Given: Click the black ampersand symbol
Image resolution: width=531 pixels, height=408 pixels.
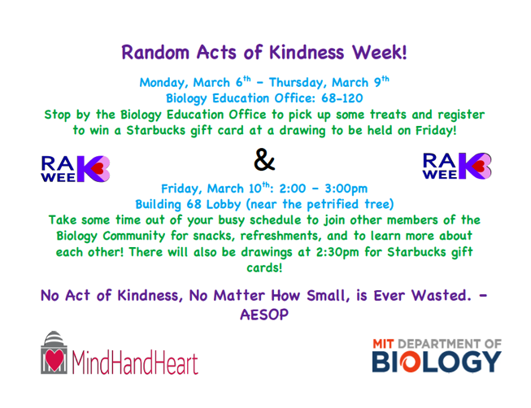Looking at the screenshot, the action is [x=264, y=160].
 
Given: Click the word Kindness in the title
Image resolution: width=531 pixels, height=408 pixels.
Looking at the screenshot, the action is [x=307, y=53].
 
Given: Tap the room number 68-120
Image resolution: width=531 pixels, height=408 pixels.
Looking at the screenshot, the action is [x=342, y=98].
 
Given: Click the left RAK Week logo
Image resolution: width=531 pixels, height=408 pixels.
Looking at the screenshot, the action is [x=75, y=168].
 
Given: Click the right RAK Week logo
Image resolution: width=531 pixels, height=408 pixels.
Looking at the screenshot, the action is [x=457, y=166].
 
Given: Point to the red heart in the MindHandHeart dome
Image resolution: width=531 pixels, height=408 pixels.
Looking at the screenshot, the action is [x=54, y=359].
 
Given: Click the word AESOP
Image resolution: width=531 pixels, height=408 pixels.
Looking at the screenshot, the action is [x=264, y=315].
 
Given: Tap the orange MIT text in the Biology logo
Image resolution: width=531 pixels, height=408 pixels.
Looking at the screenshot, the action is [x=383, y=344].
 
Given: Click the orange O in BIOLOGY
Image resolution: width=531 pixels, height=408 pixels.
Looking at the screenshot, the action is [x=410, y=362].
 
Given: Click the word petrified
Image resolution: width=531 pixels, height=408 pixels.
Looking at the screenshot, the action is [x=333, y=204].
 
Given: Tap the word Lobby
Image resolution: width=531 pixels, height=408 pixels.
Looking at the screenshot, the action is [x=224, y=204].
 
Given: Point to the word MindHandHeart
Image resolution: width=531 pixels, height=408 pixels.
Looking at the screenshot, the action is [x=135, y=363].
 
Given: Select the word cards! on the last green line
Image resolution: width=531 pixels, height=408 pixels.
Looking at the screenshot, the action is [x=264, y=268].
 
